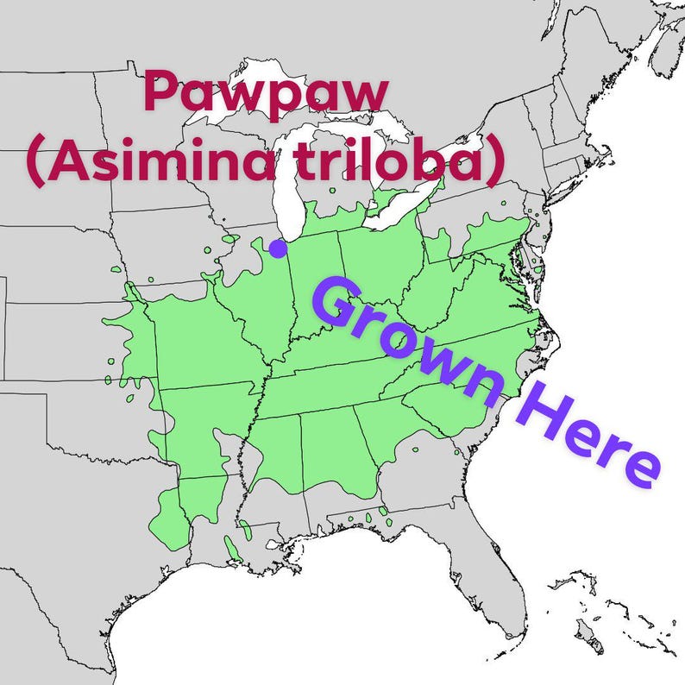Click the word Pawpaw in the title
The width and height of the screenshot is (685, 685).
(x=266, y=94)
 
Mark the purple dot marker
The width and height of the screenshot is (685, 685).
(x=277, y=248)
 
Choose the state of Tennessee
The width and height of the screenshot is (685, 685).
(x=345, y=384)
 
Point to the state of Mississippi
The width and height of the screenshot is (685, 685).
(x=271, y=466)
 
